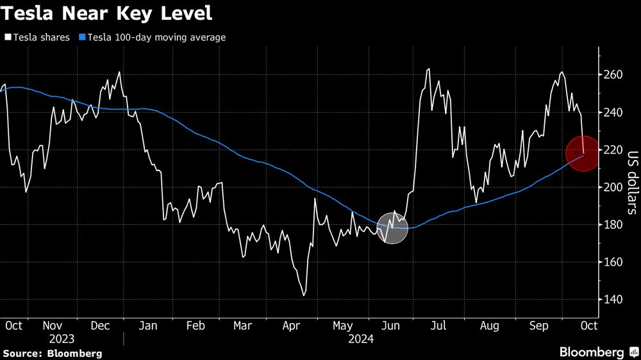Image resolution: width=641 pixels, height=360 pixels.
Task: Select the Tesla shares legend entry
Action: [37, 38]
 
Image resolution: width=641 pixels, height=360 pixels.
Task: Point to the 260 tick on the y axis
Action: [613, 75]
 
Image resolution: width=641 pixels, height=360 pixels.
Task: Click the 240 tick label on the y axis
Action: [613, 113]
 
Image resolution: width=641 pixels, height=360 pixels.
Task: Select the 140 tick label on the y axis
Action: [613, 300]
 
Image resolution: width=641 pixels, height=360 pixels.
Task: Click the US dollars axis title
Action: [632, 183]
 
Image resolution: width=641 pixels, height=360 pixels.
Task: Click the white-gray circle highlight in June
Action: [392, 228]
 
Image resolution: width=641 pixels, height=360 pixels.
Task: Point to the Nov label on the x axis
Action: [62, 326]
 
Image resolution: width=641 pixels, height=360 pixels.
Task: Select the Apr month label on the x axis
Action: [292, 326]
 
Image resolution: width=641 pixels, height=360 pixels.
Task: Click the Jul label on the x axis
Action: [438, 326]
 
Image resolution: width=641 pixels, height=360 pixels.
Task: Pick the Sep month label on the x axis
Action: [538, 326]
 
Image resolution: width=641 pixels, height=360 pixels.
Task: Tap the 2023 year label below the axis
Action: [62, 339]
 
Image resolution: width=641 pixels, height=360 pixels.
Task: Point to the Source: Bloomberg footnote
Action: [52, 353]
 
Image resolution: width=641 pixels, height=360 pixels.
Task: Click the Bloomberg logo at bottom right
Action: [597, 352]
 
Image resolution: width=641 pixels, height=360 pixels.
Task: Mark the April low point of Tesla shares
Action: [303, 295]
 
